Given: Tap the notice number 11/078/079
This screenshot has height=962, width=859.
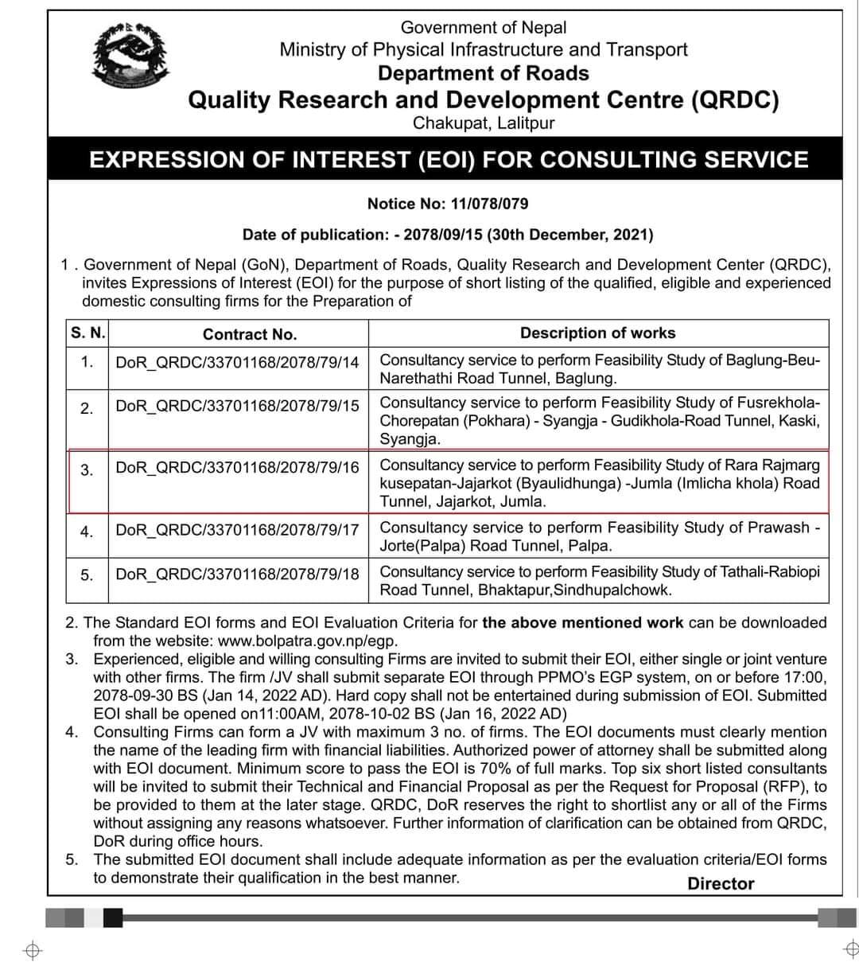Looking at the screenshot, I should click(489, 204).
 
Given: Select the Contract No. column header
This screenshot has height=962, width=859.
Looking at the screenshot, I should click(249, 335).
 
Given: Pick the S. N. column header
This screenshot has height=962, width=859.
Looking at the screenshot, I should click(87, 333).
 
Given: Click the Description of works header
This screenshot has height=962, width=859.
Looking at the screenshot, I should click(597, 333).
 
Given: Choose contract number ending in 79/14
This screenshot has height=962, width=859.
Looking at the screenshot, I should click(237, 363).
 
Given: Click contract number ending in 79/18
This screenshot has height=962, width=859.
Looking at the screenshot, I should click(237, 574).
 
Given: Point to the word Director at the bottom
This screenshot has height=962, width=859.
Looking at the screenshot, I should click(721, 884).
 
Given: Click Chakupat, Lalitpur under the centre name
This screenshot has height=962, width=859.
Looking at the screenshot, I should click(483, 123).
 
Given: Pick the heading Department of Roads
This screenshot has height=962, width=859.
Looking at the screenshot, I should click(483, 74).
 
